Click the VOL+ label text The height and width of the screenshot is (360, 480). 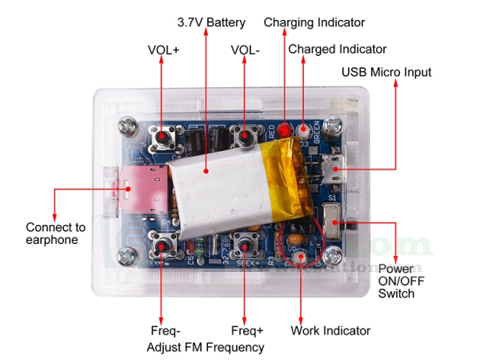tap(163, 50)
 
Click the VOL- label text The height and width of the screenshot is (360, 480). tap(245, 50)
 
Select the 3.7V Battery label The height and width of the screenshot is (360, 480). tap(210, 22)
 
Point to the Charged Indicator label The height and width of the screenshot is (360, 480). tap(337, 50)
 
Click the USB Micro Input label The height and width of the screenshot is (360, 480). tap(386, 72)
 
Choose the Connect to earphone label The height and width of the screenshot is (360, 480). tap(55, 234)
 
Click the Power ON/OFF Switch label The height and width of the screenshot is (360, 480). tap(397, 281)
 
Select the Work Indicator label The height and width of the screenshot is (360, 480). tap(330, 330)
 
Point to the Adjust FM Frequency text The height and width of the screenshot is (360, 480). tap(205, 347)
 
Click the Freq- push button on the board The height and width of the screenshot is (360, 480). tap(162, 243)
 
